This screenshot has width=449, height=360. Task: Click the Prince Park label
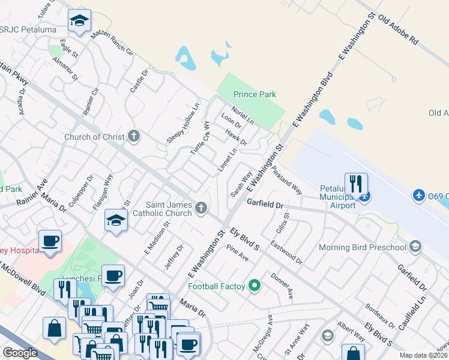(x=255, y=94)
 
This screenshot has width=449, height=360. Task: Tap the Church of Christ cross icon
(x=133, y=136)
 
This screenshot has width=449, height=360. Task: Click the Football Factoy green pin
(x=255, y=286)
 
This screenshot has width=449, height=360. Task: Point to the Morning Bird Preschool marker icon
(x=414, y=247)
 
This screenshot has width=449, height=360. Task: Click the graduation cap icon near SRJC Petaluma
(x=79, y=21)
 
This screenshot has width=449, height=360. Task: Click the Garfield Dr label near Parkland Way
(x=265, y=204)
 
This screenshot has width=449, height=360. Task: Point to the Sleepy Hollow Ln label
(x=182, y=122)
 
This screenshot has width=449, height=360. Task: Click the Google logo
(x=20, y=353)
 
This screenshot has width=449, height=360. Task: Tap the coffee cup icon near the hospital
(x=49, y=241)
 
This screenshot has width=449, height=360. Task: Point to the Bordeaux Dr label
(x=379, y=318)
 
